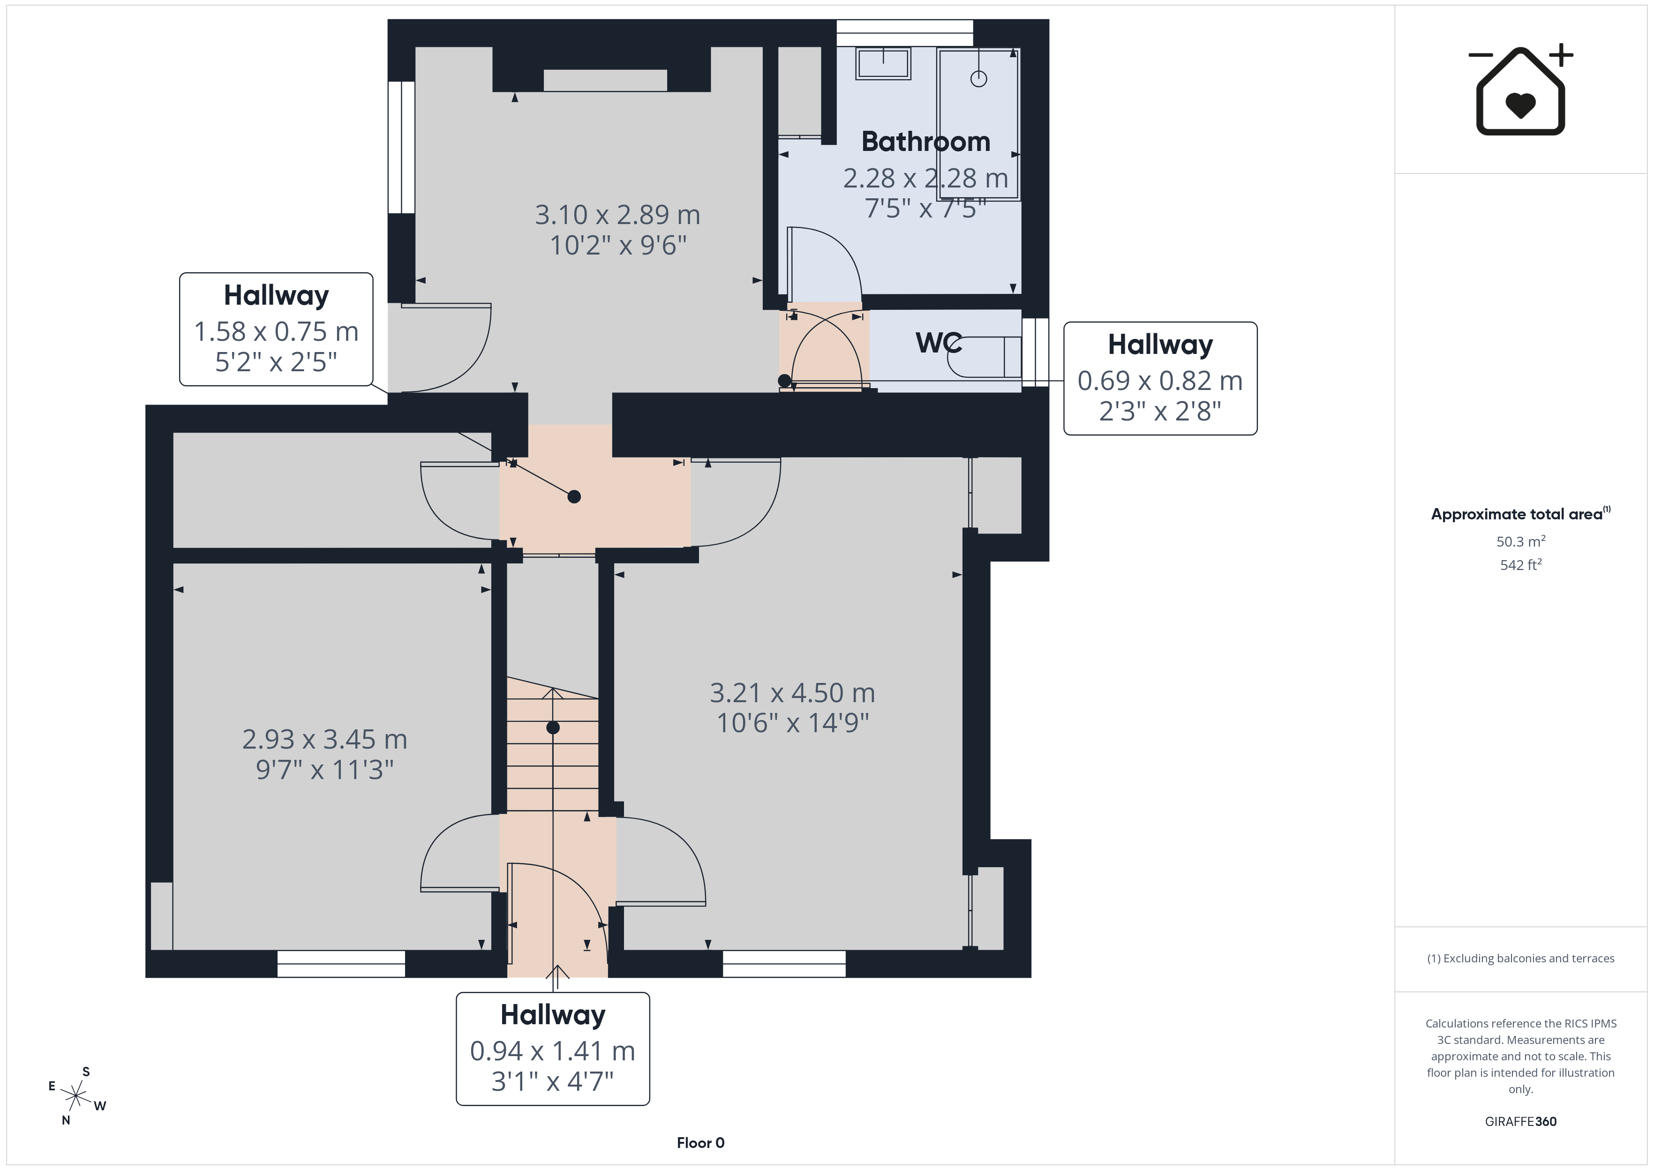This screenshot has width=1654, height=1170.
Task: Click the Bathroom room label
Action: tap(926, 142)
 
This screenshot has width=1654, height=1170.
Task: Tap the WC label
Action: tap(939, 343)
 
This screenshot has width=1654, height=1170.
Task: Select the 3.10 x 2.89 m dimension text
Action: tap(617, 215)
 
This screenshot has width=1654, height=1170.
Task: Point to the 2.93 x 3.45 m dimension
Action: tap(325, 739)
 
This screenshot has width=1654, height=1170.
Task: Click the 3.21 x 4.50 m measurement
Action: tap(792, 693)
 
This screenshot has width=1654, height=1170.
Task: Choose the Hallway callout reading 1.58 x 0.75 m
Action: tap(276, 329)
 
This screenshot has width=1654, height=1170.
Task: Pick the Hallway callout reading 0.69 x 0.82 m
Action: tap(1160, 378)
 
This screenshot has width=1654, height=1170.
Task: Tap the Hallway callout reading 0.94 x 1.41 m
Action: tap(553, 1049)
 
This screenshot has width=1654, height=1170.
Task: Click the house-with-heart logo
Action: tap(1520, 90)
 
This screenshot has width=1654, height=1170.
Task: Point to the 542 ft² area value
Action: tap(1521, 565)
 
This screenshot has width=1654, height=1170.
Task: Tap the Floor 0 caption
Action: tap(700, 1143)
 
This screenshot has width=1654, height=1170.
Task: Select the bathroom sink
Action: tap(883, 63)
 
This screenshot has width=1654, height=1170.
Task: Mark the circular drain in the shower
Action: tap(978, 79)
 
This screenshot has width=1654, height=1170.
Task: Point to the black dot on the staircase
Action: tap(553, 727)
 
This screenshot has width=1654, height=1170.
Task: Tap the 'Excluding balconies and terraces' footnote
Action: tap(1521, 958)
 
